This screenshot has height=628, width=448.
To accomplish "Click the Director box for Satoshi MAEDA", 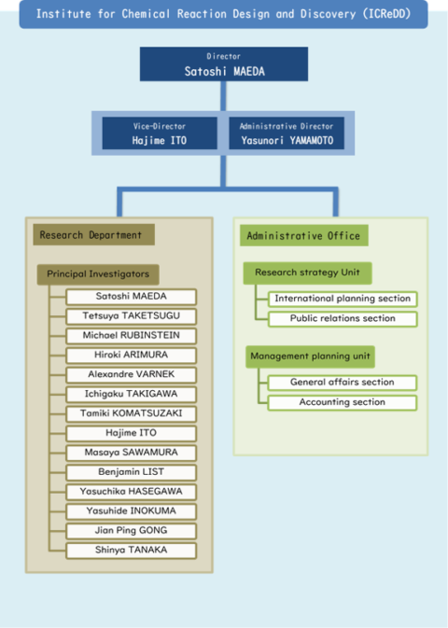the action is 224,64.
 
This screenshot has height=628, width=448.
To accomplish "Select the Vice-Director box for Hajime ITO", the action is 160,133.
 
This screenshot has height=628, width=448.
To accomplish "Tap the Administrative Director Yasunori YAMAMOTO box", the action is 287,133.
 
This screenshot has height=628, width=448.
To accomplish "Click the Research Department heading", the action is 93,235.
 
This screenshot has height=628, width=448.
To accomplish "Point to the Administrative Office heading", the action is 303,235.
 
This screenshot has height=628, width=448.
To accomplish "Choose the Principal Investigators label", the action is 98,274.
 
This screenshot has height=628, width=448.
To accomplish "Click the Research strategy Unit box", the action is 307,273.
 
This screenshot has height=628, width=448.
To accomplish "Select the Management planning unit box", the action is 310,356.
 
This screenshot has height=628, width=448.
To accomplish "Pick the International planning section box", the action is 343,299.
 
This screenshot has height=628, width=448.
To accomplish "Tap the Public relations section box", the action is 343,319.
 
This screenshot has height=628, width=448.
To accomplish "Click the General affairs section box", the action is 343,383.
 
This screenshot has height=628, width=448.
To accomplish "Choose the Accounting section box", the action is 343,402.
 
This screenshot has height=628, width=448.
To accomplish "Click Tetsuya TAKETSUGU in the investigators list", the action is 131,316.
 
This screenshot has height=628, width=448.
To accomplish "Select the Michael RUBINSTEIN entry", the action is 131,336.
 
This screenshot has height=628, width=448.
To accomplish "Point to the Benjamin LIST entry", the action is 131,472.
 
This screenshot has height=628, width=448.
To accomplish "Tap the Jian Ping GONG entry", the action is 131,531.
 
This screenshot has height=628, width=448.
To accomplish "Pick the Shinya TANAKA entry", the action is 131,551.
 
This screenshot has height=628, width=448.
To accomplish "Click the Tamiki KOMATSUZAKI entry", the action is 131,413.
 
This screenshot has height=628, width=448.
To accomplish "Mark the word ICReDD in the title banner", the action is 387,14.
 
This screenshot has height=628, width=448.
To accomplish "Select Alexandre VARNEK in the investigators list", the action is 131,374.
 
